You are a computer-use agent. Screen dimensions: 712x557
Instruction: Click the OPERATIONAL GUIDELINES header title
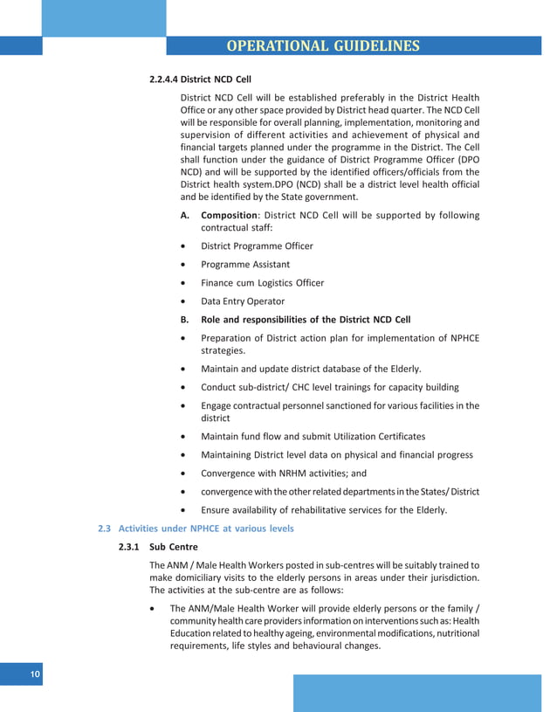tap(322, 45)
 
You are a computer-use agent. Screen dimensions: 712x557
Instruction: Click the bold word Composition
tap(228, 215)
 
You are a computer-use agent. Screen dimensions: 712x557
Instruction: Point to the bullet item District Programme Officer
tap(257, 245)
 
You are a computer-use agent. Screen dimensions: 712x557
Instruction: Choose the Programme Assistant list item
tap(245, 264)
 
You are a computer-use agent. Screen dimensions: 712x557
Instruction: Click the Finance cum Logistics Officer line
tap(262, 283)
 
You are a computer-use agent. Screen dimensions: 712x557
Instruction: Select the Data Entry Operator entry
tap(243, 301)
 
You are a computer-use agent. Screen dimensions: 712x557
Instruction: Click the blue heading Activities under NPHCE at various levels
tap(206, 529)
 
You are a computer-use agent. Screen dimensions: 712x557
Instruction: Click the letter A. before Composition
tap(184, 215)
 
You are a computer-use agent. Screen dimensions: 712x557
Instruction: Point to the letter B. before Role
tap(184, 320)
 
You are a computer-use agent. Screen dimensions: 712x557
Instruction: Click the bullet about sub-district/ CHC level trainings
tap(330, 387)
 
